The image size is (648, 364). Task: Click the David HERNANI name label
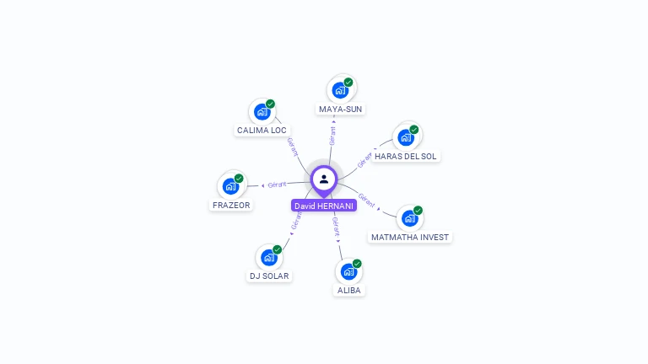pyautogui.click(x=324, y=206)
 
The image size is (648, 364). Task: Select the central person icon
pyautogui.click(x=324, y=179)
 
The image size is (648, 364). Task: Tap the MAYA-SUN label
pyautogui.click(x=341, y=110)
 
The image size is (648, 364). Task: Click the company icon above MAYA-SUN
pyautogui.click(x=340, y=89)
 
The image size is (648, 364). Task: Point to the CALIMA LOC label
pyautogui.click(x=262, y=131)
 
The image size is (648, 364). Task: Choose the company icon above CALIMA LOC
pyautogui.click(x=262, y=111)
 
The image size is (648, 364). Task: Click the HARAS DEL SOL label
pyautogui.click(x=406, y=157)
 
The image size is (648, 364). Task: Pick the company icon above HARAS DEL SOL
pyautogui.click(x=406, y=136)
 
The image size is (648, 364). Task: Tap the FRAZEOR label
pyautogui.click(x=231, y=206)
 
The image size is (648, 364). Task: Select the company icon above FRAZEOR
pyautogui.click(x=230, y=186)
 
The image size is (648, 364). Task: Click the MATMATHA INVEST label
pyautogui.click(x=410, y=238)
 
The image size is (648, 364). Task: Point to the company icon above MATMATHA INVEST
pyautogui.click(x=410, y=217)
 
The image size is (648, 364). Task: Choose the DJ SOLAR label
pyautogui.click(x=269, y=276)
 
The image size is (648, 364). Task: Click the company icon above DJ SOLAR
pyautogui.click(x=269, y=257)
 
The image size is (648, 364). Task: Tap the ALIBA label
pyautogui.click(x=349, y=291)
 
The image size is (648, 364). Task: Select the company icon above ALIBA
pyautogui.click(x=348, y=271)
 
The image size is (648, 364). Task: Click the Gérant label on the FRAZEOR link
pyautogui.click(x=277, y=184)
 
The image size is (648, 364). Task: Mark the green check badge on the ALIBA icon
pyautogui.click(x=357, y=264)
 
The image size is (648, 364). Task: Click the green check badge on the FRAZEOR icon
pyautogui.click(x=239, y=179)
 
